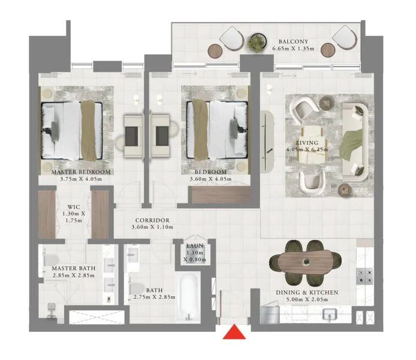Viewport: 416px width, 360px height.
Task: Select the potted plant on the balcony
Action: coord(257,42)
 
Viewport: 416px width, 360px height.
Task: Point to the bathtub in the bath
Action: coord(189,297)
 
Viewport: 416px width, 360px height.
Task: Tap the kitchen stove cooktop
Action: coord(364,275)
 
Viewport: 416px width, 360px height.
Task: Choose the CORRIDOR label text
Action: coord(152,220)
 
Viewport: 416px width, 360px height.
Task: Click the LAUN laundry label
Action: coord(194,246)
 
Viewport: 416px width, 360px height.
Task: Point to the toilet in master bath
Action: coord(51,310)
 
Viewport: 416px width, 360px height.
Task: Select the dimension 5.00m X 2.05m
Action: coord(307,299)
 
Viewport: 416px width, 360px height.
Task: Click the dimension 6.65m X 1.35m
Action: coord(293,49)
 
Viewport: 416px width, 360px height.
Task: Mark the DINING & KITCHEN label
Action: coord(307,292)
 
